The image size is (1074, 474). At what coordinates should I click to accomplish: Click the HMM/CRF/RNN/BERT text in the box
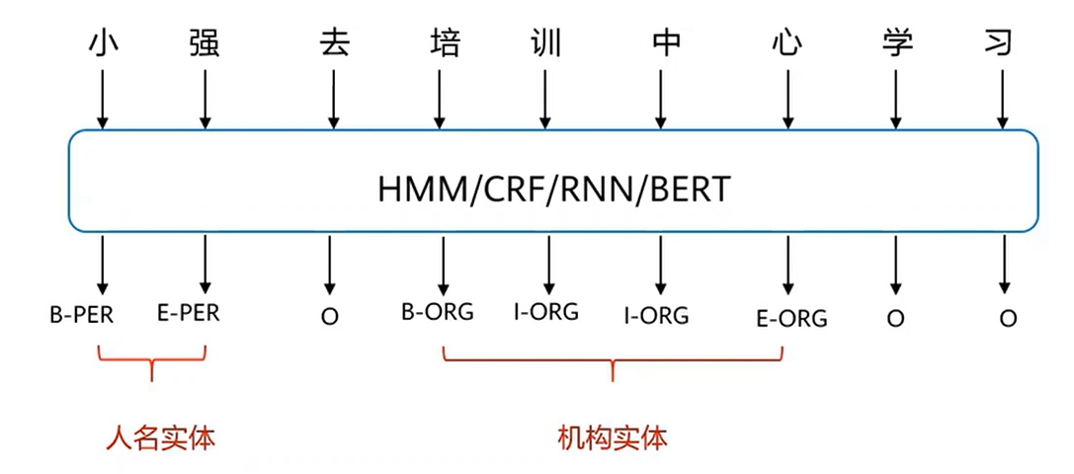click(553, 190)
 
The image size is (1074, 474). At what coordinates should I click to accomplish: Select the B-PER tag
click(82, 317)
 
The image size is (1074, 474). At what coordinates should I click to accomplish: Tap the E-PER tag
click(188, 315)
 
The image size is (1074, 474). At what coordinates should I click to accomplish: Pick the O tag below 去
click(330, 318)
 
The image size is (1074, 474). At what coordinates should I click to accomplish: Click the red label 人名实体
click(160, 435)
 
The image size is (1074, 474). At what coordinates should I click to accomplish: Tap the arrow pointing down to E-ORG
click(786, 263)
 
